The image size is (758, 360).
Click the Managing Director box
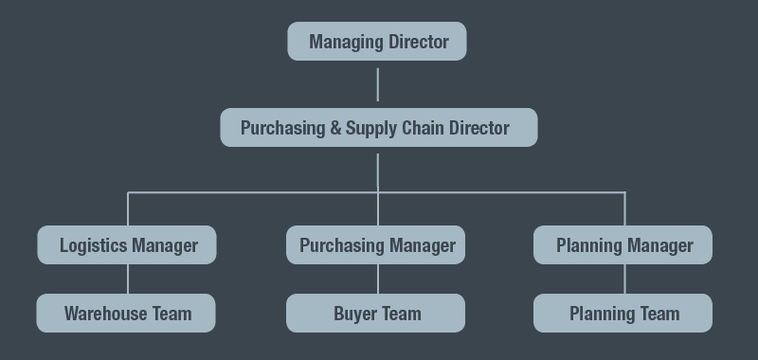377,42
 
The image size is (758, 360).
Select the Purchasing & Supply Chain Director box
378,128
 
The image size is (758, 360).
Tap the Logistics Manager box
127,245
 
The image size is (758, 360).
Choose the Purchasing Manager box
376,245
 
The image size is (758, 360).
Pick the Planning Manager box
623,245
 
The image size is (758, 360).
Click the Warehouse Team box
126,314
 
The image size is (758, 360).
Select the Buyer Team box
376,314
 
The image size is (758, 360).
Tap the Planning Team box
623,314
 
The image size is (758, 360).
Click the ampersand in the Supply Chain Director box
335,128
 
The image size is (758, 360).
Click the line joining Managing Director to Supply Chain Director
377,84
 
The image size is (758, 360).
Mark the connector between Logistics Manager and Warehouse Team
128,279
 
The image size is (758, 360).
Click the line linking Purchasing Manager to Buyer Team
378,279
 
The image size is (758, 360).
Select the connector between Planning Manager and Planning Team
624,279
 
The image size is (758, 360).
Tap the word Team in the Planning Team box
659,314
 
